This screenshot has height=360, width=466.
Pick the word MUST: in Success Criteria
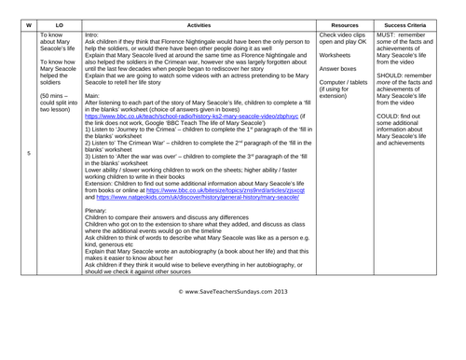pos(390,34)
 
